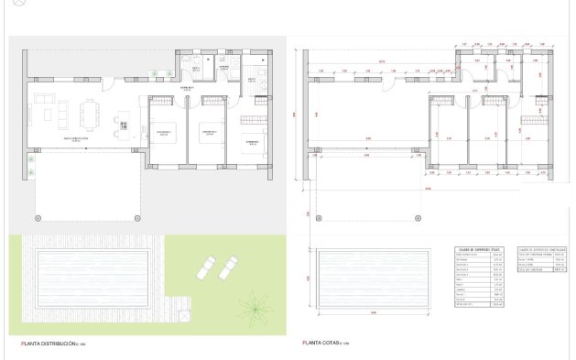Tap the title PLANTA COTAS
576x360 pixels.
[x=324, y=344]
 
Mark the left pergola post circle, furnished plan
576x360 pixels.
[x=37, y=216]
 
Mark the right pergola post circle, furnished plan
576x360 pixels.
[x=139, y=216]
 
